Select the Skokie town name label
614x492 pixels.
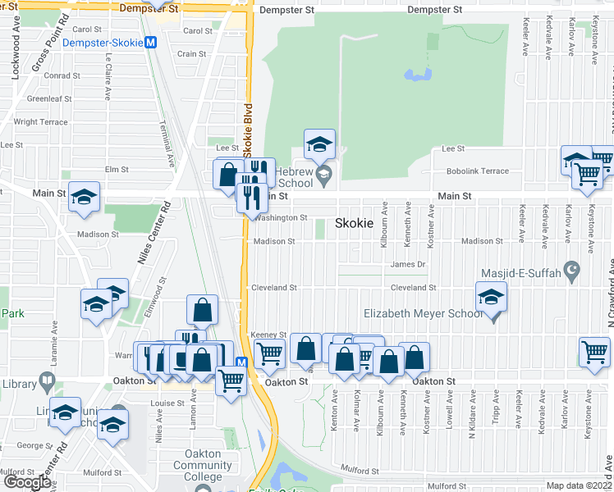(355, 223)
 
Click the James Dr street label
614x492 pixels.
(408, 264)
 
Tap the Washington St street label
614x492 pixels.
(281, 218)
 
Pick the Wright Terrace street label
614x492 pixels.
(41, 122)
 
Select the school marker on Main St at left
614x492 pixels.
(85, 198)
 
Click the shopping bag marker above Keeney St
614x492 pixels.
(202, 311)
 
